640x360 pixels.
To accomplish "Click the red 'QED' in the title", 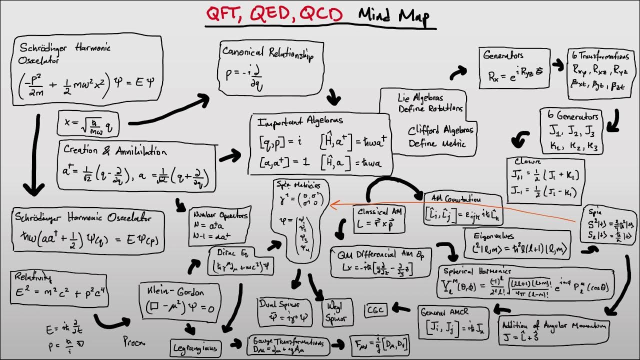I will pos(271,15).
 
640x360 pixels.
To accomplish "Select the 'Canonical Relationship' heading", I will pos(268,52).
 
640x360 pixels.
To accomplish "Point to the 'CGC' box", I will pos(376,310).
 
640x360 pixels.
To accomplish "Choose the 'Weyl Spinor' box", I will pos(337,311).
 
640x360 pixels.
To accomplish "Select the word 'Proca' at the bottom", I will pos(134,342).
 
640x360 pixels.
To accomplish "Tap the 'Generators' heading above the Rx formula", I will pos(503,55).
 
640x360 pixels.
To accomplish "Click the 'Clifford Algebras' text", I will pos(440,130).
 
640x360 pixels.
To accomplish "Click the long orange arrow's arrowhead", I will pos(331,203).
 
